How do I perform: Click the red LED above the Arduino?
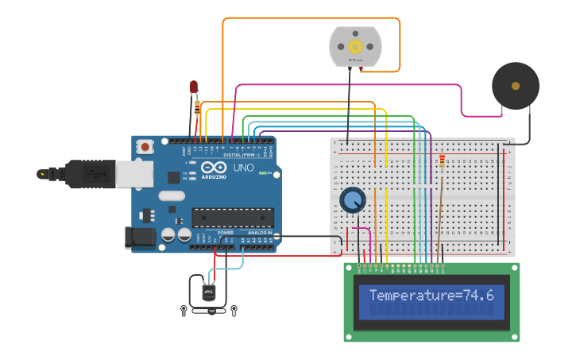[193, 87]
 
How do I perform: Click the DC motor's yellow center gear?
[355, 47]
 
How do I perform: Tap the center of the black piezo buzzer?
[515, 86]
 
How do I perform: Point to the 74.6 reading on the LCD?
[479, 296]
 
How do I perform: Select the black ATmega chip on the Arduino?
[233, 218]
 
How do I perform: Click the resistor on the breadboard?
[442, 162]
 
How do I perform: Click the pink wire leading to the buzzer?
[461, 99]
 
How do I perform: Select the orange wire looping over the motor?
[310, 18]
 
